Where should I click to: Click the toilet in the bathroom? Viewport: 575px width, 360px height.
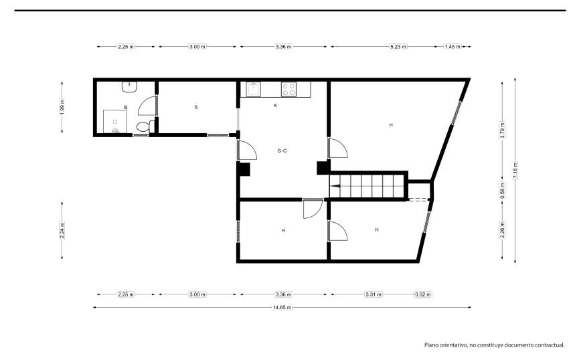pos(143,126)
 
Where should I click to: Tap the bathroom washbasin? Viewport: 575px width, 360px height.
pos(129,87)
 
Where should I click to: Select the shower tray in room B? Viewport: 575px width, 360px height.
pos(114,121)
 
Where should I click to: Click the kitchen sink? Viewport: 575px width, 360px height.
pos(253,89)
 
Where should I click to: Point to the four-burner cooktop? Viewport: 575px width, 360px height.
pos(289,89)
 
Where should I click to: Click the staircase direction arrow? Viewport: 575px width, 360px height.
pos(335,187)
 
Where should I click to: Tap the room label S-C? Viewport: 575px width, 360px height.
pos(282,151)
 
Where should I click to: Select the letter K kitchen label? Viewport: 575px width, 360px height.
pos(275,106)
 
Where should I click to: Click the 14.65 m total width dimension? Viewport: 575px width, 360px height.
pos(282,307)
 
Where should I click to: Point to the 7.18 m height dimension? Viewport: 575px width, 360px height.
pos(515,170)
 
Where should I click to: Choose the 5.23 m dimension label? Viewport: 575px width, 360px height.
pos(398,47)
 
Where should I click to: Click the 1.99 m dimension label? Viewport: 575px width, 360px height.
pos(62,108)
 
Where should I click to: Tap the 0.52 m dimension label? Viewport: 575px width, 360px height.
pos(423,294)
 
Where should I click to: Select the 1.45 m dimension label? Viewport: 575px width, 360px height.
pos(452,47)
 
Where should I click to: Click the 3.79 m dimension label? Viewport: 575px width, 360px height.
pos(502,130)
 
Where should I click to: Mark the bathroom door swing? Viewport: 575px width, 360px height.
pos(147,106)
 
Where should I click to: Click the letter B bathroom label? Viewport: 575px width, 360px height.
pos(126,108)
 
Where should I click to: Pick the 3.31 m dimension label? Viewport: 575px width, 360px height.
pos(374,294)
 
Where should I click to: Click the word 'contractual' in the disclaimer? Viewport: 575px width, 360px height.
pos(549,345)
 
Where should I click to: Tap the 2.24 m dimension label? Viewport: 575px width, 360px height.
pos(62,231)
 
